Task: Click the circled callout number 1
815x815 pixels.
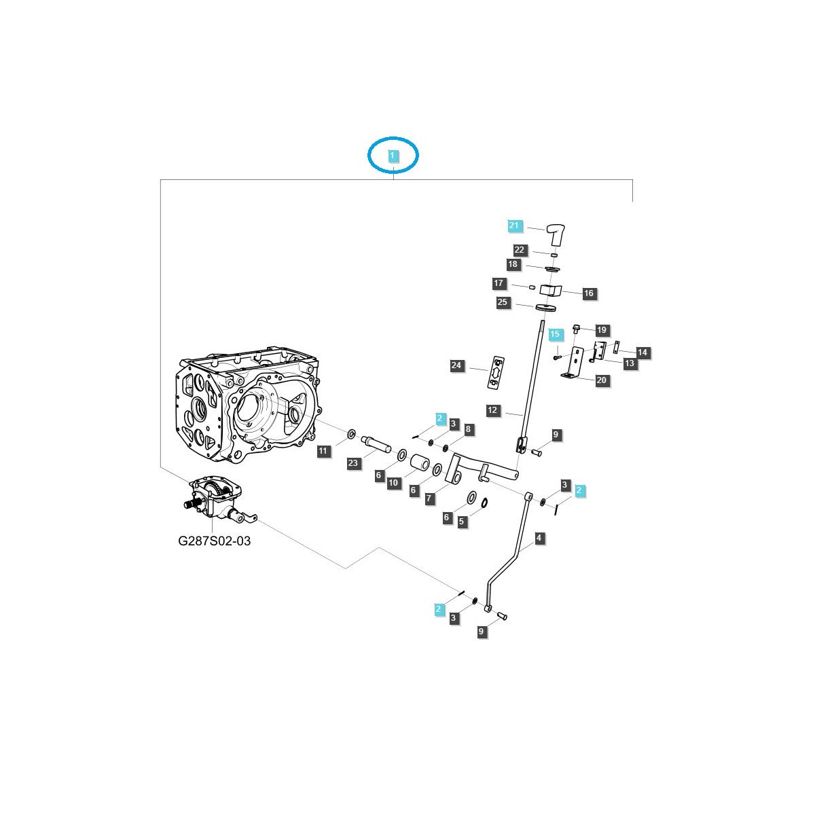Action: point(393,156)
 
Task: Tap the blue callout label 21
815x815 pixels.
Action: point(513,225)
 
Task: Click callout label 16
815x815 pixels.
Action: point(588,293)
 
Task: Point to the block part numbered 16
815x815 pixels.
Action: point(551,290)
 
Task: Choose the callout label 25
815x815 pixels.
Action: point(503,302)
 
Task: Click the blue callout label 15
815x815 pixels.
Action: point(555,334)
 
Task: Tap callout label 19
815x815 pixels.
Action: point(602,331)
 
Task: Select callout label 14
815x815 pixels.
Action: point(642,352)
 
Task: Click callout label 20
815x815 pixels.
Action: point(602,380)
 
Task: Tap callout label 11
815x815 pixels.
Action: point(323,450)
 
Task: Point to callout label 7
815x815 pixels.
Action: point(429,499)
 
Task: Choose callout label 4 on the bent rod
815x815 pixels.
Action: point(539,538)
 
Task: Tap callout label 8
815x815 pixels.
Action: point(467,429)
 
